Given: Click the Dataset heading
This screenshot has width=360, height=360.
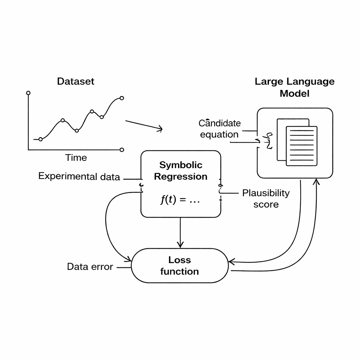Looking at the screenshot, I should [76, 82].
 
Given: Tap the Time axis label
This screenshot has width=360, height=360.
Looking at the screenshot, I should [76, 158].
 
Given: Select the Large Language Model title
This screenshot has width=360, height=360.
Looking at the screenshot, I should [295, 88].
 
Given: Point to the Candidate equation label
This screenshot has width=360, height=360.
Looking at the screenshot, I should [220, 129].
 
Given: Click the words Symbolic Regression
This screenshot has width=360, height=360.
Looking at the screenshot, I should [181, 171].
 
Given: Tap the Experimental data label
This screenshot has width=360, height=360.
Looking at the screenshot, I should [79, 176].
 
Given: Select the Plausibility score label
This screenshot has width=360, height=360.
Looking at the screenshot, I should [266, 199].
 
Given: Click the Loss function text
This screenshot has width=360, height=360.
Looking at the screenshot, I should [179, 266].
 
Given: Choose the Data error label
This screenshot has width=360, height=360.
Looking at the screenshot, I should [90, 267].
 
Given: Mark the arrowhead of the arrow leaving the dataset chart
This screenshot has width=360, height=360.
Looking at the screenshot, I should [160, 129].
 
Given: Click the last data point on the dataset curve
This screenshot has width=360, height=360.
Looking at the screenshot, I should [122, 98].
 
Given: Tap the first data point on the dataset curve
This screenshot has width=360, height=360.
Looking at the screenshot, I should [40, 139].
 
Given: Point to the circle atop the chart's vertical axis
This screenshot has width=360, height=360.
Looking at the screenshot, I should [28, 93].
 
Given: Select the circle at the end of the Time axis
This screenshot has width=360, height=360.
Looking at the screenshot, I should [122, 150].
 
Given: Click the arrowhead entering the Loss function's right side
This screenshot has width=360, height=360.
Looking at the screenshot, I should [231, 262].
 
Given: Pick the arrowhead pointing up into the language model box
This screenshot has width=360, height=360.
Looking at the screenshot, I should [317, 181].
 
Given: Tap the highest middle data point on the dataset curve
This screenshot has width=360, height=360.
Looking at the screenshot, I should [92, 111].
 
